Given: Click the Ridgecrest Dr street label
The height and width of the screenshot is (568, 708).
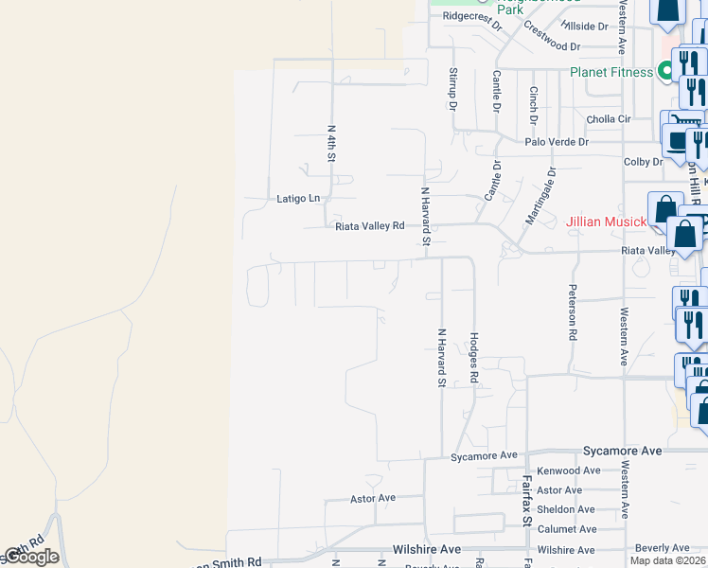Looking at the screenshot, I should pos(471,16).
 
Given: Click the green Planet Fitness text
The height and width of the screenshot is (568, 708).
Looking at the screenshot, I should pos(611,72).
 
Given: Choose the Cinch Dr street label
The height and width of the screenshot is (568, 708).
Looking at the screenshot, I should pos(534,106).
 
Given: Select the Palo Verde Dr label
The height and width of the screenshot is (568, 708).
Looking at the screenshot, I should pos(558,142).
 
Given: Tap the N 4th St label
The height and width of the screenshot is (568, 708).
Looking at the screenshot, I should pos(332,142).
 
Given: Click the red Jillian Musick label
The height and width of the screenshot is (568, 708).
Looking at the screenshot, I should pos(606,222).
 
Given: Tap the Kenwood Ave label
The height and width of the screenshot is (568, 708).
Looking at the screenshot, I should pos(568,470).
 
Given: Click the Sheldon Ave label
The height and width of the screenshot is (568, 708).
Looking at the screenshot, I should pos(566,509).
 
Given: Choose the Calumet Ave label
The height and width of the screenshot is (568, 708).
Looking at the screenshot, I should pos(567,529).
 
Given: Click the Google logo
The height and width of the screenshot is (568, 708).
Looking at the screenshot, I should pos(30,557).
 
